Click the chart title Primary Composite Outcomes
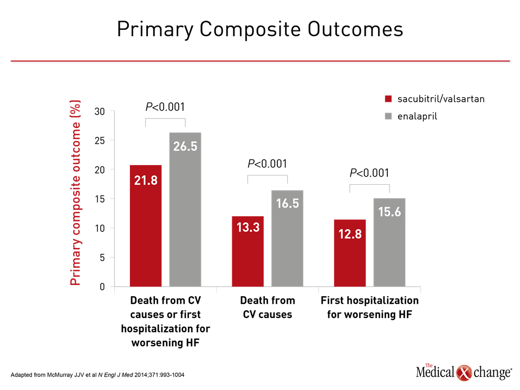click(x=260, y=29)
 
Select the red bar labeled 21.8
click(x=146, y=226)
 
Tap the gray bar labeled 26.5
click(x=185, y=210)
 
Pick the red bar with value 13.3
click(x=248, y=251)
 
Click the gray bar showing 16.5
click(x=287, y=238)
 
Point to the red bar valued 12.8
click(x=350, y=253)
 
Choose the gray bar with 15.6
click(x=389, y=243)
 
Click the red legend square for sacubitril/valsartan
click(x=388, y=99)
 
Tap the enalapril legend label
click(x=417, y=116)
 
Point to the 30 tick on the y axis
click(x=100, y=112)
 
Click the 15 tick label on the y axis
click(x=100, y=199)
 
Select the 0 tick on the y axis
click(x=102, y=287)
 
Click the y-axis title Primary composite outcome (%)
click(x=75, y=193)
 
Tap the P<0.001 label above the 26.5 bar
click(x=165, y=107)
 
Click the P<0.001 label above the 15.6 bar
click(x=369, y=173)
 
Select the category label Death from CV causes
click(x=268, y=308)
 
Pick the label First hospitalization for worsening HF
click(x=369, y=308)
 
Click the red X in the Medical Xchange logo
click(x=464, y=373)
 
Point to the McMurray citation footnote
click(x=97, y=375)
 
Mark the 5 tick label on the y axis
click(x=102, y=258)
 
